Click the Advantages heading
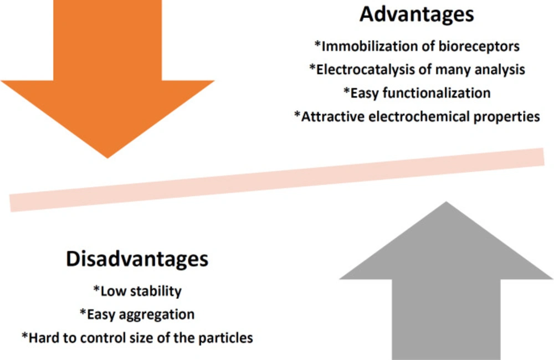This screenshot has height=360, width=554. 417,15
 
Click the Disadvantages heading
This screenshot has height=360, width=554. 137,259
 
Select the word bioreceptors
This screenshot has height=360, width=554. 479,47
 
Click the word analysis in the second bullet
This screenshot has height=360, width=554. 500,70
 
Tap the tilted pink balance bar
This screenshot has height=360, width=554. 276,180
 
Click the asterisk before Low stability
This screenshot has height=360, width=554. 96,289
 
